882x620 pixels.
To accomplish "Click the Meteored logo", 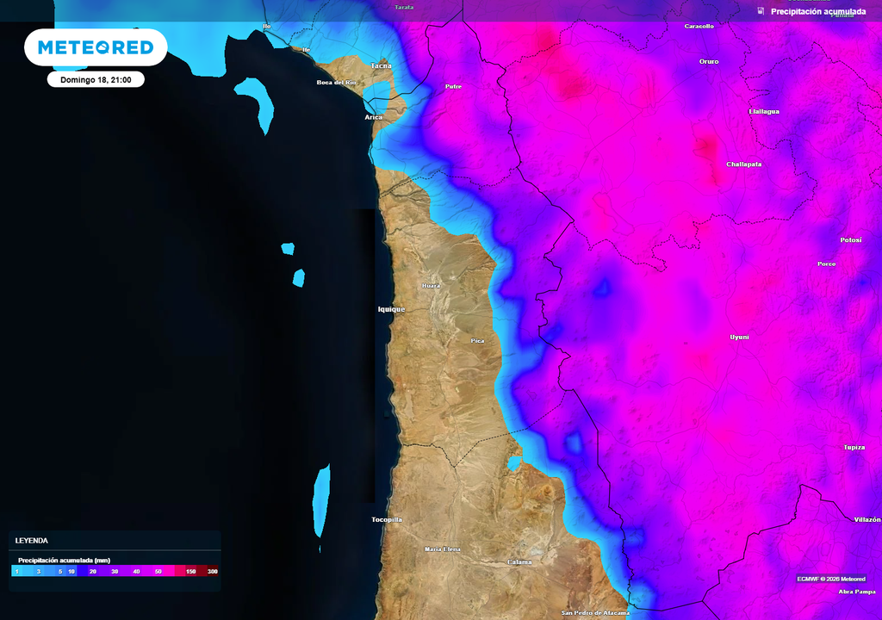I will (x=95, y=47).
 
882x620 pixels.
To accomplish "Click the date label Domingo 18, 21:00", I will (x=95, y=79).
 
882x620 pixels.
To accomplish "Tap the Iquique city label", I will (x=391, y=309).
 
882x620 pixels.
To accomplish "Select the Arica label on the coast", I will (x=373, y=116).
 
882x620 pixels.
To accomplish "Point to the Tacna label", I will (x=381, y=65).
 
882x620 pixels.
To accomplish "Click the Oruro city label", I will (x=709, y=62).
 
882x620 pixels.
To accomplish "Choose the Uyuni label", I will (x=739, y=337).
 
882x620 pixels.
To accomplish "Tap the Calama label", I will (x=519, y=562).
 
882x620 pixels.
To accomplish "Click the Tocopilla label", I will (x=387, y=519).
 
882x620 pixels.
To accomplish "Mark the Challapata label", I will (x=744, y=164).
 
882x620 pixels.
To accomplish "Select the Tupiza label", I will (x=854, y=448).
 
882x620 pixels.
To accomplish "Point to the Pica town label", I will (x=477, y=341).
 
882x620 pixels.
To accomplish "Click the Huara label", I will (x=431, y=286).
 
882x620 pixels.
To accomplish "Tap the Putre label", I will (x=453, y=87).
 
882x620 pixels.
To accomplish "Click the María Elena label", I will (x=443, y=549).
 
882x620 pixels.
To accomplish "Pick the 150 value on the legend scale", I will (x=190, y=572).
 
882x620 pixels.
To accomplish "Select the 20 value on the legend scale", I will (x=92, y=572).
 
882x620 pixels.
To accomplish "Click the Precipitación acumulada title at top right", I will (x=818, y=11).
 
